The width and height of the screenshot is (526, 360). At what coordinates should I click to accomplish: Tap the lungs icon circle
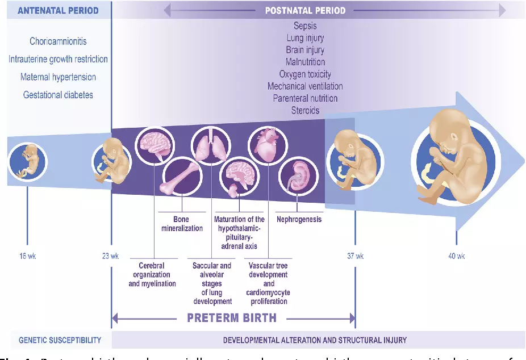click(x=211, y=145)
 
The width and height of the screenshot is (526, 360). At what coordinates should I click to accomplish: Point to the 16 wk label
click(x=27, y=256)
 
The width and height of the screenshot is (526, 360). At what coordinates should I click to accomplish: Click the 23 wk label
click(x=111, y=256)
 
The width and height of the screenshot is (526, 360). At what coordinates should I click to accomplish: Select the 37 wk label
click(x=356, y=256)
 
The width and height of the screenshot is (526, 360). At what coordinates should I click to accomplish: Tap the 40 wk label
click(x=457, y=256)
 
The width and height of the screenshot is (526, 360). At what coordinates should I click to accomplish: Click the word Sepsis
click(x=305, y=26)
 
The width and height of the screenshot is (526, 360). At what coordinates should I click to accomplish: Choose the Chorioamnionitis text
click(x=59, y=41)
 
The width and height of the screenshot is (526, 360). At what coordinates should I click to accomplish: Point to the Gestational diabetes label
click(x=58, y=95)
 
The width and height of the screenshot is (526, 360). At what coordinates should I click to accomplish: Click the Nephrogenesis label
click(x=299, y=219)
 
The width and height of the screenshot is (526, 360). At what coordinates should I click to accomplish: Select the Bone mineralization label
click(x=181, y=223)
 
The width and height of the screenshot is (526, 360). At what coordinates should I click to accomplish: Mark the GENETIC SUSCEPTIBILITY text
click(x=60, y=340)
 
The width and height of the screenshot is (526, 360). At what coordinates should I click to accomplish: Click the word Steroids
click(x=305, y=110)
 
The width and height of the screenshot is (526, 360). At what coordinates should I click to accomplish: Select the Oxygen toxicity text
click(x=305, y=74)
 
